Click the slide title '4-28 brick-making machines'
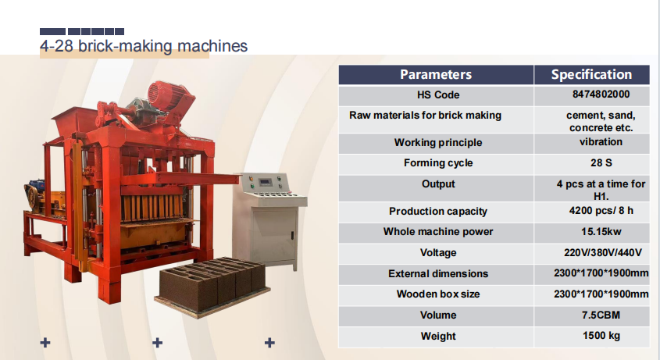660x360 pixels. (x=144, y=46)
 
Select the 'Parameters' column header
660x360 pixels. (x=436, y=74)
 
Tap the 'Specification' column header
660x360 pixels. (x=591, y=74)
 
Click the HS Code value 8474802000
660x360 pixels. (x=601, y=94)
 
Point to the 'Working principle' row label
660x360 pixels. (x=437, y=142)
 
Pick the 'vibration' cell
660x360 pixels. (x=601, y=142)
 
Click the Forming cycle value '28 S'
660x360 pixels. (x=601, y=163)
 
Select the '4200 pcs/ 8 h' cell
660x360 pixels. (x=601, y=211)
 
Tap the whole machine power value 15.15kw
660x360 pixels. (x=601, y=232)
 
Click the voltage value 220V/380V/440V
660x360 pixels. (x=602, y=253)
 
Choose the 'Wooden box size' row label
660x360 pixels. (x=437, y=294)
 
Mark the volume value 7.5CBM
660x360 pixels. (x=601, y=315)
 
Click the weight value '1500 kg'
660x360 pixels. (x=601, y=336)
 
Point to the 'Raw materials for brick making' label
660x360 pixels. (x=425, y=116)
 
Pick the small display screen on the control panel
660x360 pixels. (x=265, y=182)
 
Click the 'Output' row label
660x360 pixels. (x=437, y=184)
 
